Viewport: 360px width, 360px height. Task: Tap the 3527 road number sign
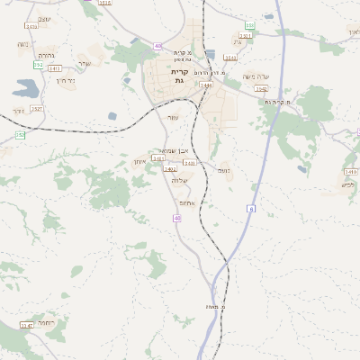37,109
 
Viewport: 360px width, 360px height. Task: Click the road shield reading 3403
190,164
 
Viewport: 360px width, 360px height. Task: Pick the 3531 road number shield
246,36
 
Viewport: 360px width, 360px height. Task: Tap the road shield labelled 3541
230,58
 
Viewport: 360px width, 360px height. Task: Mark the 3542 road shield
262,89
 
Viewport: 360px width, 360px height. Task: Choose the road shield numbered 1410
350,170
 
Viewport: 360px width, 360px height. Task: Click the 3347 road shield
25,325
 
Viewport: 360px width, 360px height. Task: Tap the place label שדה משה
256,76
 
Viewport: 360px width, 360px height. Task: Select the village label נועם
224,169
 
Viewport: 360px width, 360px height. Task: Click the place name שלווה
179,181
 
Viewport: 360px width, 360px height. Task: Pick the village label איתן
139,162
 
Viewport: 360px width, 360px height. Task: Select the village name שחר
84,63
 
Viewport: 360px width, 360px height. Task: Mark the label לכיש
347,184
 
